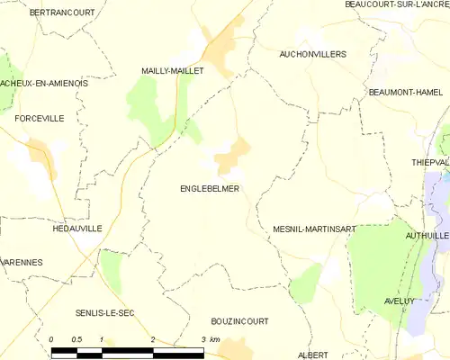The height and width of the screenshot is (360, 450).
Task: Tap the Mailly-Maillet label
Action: pos(173,69)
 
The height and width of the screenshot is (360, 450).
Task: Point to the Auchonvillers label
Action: pos(312,54)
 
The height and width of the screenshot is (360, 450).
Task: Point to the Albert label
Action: pos(313,355)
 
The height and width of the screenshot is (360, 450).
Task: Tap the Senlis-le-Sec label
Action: pos(105,313)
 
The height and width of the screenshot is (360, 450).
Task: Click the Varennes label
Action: pos(22,262)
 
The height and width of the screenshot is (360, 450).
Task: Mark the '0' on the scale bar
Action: pos(52,338)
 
